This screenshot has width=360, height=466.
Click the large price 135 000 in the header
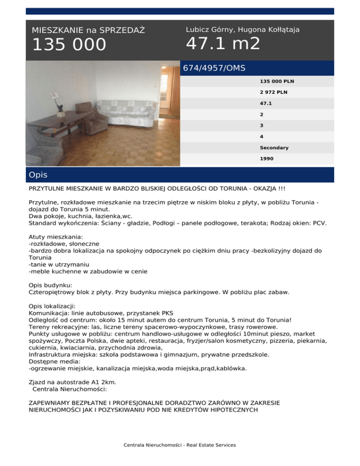69,45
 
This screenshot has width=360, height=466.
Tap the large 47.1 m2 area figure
223,44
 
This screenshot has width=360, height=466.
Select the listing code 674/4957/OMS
214,68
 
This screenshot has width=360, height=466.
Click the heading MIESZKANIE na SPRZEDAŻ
88,30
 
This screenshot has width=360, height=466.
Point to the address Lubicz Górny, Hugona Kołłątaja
243,30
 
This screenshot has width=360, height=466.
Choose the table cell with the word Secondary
274,148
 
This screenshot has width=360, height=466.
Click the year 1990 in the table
267,159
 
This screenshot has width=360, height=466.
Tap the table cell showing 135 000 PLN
277,81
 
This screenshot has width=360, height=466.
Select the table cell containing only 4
262,136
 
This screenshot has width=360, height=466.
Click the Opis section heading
38,175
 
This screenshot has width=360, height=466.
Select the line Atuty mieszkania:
55,238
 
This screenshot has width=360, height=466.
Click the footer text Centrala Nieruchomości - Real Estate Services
180,445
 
